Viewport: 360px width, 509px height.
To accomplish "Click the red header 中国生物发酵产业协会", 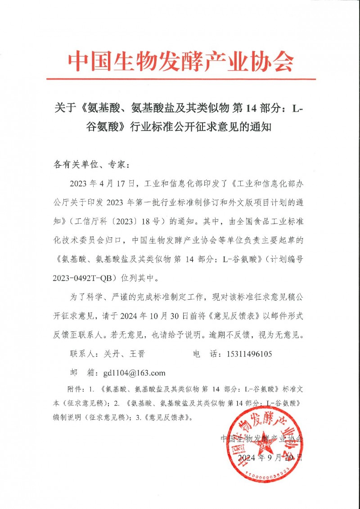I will click(180, 60).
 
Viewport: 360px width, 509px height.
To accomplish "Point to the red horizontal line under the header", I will click(180, 79).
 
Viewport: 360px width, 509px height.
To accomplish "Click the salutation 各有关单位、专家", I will click(90, 165).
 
